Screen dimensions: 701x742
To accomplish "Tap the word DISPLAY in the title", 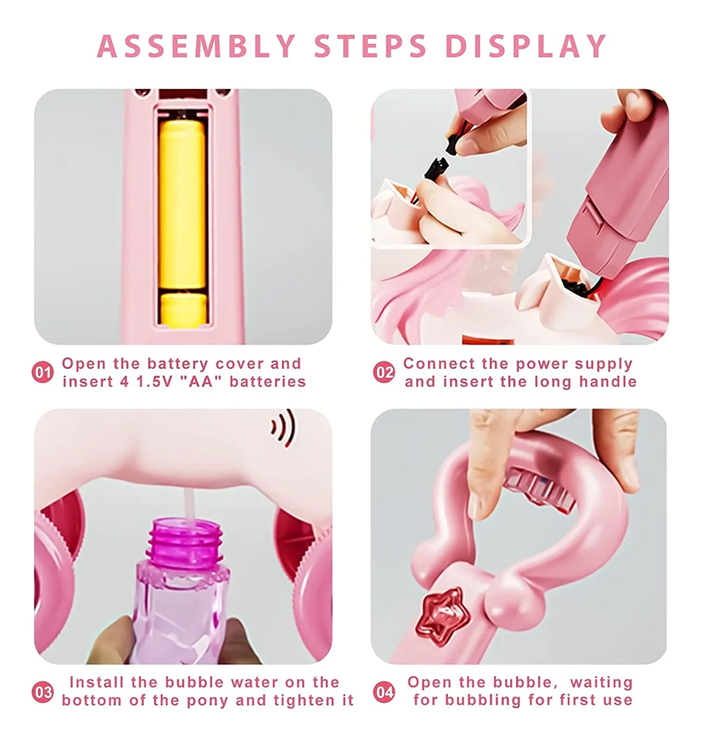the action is point(525,47).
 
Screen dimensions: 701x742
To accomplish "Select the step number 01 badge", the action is point(42,372).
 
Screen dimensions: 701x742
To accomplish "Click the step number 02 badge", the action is point(384,372).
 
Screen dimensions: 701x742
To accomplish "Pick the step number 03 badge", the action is point(42,692).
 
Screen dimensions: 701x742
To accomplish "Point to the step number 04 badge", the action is point(384,692).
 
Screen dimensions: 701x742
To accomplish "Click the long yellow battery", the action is point(183,205).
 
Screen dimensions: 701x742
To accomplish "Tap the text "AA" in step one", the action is point(201,382).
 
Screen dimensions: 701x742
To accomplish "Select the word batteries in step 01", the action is point(268,382).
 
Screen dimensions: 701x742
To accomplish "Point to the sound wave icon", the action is point(283,427).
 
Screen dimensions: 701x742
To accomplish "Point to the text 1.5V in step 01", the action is point(155,382).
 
